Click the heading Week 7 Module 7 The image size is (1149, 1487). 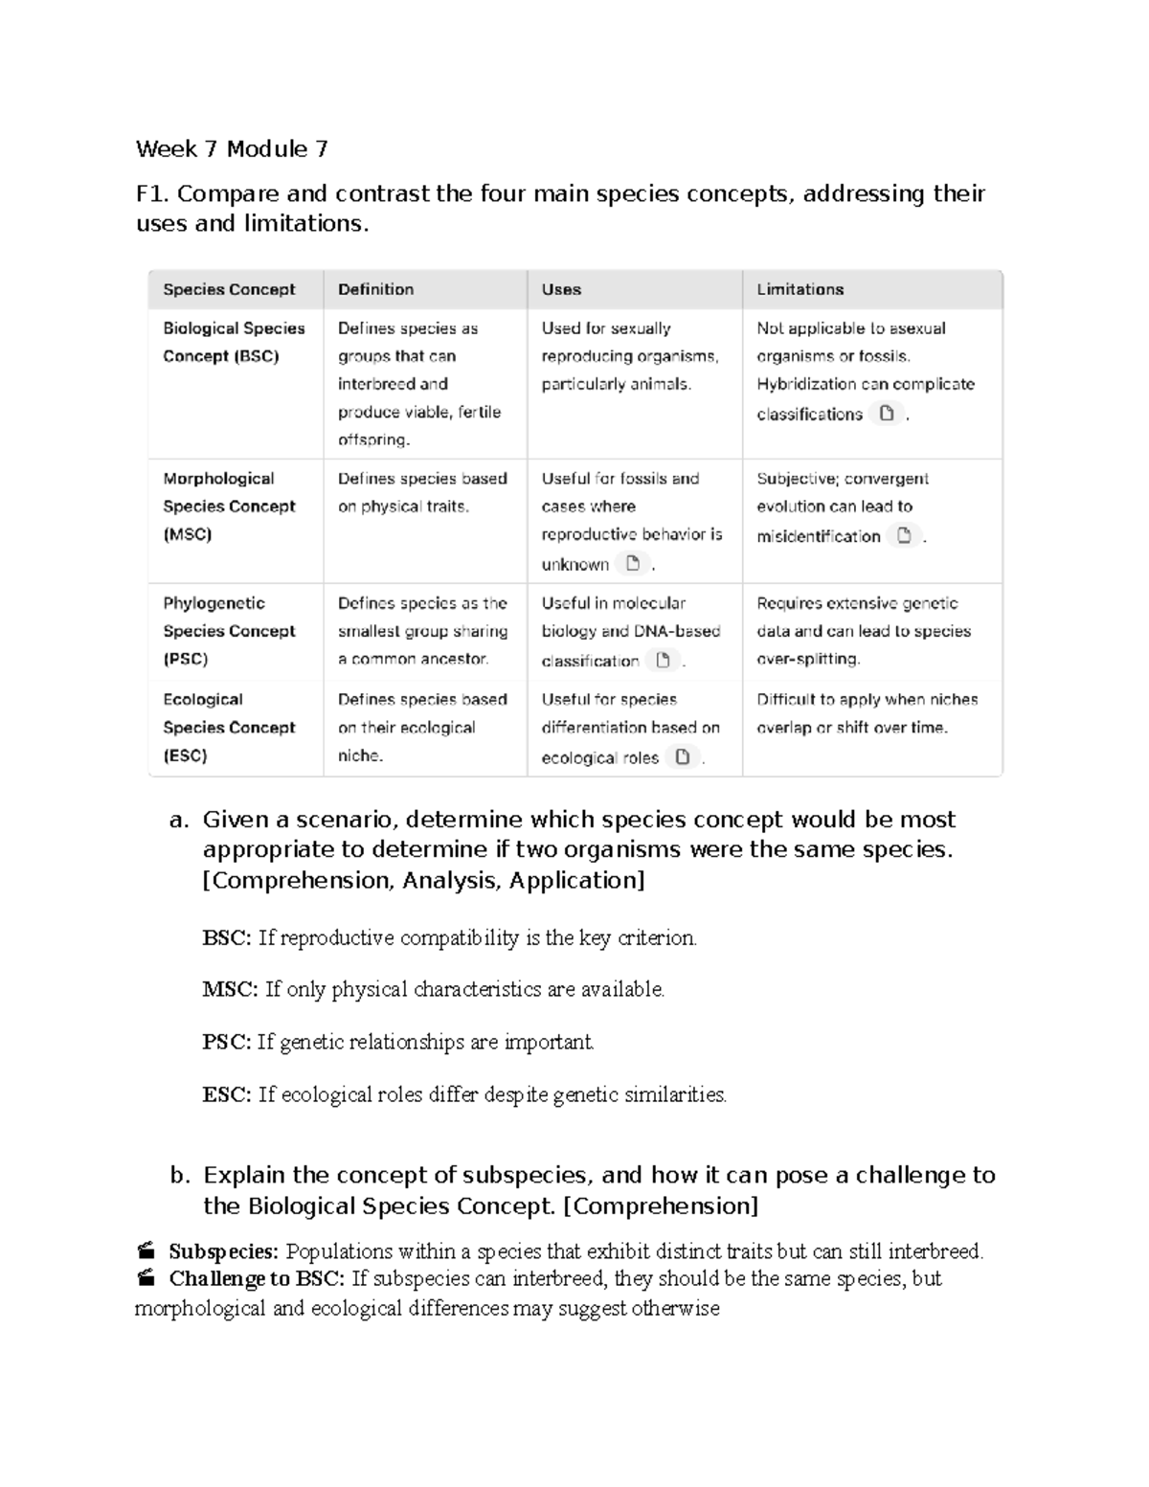click(x=232, y=148)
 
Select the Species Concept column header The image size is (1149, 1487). click(x=229, y=289)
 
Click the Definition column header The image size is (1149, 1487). click(x=375, y=289)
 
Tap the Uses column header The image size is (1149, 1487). click(x=561, y=289)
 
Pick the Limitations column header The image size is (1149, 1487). click(x=800, y=289)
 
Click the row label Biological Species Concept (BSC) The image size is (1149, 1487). click(x=234, y=342)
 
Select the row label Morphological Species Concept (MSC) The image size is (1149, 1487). click(x=229, y=506)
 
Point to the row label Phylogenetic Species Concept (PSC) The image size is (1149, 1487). click(x=229, y=631)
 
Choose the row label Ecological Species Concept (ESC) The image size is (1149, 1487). click(x=229, y=727)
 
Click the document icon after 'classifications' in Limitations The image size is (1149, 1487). click(x=887, y=414)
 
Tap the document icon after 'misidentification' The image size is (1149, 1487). click(x=904, y=535)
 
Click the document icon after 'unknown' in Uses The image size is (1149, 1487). click(x=632, y=563)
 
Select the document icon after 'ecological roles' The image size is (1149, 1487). click(x=682, y=757)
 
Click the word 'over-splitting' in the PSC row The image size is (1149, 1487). click(x=808, y=659)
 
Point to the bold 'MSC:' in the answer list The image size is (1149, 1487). click(x=230, y=989)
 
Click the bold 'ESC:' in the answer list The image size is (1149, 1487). click(x=227, y=1094)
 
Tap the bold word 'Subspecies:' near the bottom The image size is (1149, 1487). click(x=223, y=1251)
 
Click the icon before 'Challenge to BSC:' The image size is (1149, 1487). click(x=146, y=1278)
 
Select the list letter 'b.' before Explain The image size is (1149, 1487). click(x=180, y=1175)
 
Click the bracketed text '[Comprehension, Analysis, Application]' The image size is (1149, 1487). click(x=423, y=880)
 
